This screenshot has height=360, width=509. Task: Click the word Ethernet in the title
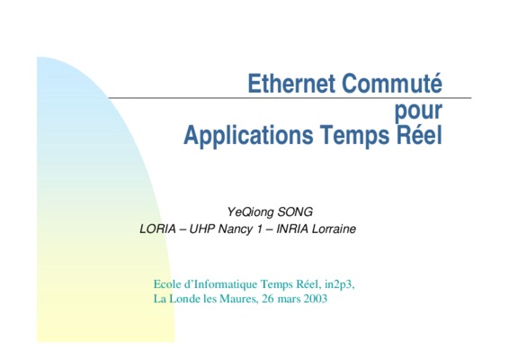291,84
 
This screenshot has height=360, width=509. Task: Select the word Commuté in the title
392,83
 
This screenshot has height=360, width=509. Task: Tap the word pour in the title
418,111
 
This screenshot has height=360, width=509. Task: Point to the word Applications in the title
248,136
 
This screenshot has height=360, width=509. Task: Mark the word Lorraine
334,229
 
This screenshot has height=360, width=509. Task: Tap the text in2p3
340,285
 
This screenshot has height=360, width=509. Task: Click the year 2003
316,299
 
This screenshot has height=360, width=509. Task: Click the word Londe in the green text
185,299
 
